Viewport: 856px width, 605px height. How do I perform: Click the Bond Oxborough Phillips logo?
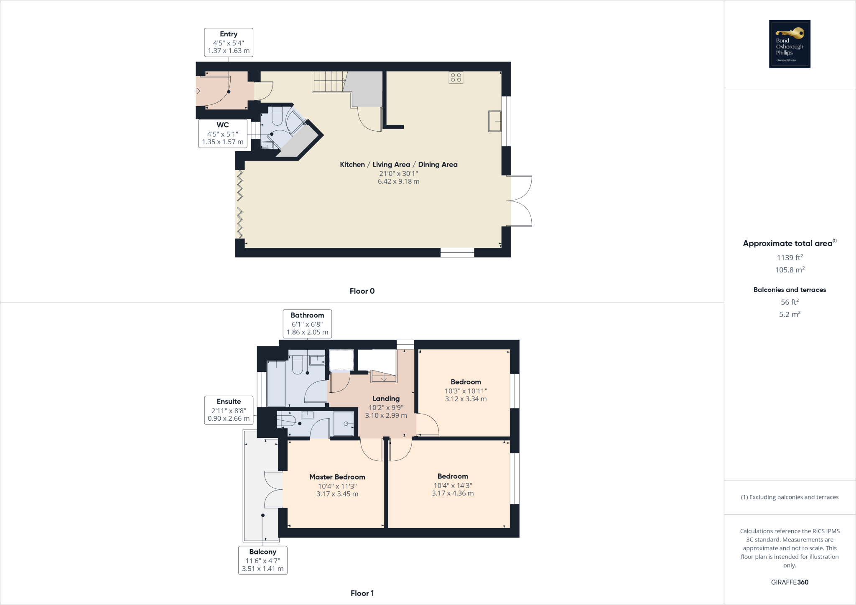(790, 44)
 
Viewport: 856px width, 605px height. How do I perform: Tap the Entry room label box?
(229, 42)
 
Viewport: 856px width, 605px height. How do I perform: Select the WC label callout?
(223, 133)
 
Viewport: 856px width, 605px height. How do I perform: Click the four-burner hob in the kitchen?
(456, 77)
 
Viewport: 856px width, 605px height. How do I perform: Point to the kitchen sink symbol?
(494, 121)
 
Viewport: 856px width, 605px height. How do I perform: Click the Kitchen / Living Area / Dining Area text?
(398, 165)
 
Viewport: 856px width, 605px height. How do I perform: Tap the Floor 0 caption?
(362, 291)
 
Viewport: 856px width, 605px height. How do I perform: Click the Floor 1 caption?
(362, 593)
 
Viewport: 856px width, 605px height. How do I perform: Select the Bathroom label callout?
(307, 323)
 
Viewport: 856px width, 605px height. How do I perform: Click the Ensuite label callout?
(229, 410)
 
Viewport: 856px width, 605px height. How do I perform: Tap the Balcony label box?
(262, 560)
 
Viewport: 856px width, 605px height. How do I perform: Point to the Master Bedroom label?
(337, 477)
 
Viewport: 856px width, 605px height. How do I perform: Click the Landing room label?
(386, 399)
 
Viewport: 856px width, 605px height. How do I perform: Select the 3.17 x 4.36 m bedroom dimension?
(453, 493)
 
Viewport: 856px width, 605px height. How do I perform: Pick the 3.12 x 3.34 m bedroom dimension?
(466, 399)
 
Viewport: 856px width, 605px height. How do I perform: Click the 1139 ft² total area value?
(790, 258)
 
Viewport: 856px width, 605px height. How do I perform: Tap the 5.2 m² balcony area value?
(790, 314)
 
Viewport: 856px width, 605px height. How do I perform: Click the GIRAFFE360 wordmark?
(790, 582)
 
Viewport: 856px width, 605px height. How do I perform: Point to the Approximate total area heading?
(788, 244)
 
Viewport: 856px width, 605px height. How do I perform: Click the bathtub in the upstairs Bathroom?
(276, 384)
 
